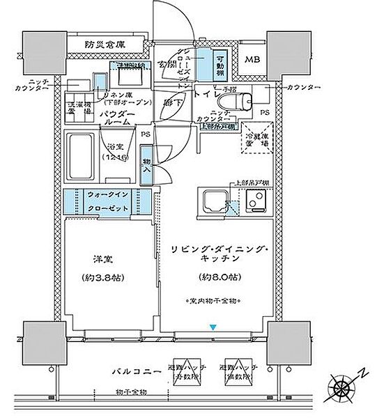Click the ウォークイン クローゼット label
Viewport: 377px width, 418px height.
108,202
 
